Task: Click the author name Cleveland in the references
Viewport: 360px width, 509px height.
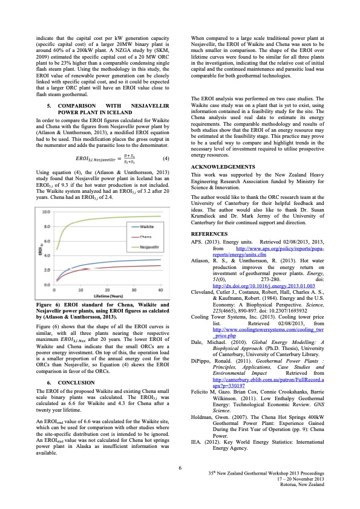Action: point(205,258)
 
